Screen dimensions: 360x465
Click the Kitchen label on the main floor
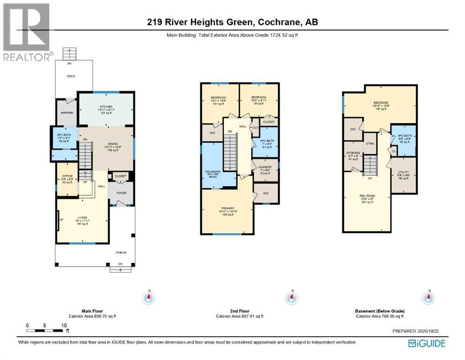[105, 107]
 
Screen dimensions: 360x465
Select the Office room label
[67, 176]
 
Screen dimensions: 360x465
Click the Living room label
[82, 217]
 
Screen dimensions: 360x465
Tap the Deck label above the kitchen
[70, 76]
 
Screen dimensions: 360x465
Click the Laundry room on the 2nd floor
[266, 168]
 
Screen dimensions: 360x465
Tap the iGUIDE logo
[427, 343]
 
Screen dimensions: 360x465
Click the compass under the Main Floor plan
[149, 297]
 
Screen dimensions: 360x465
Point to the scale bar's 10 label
[63, 325]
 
